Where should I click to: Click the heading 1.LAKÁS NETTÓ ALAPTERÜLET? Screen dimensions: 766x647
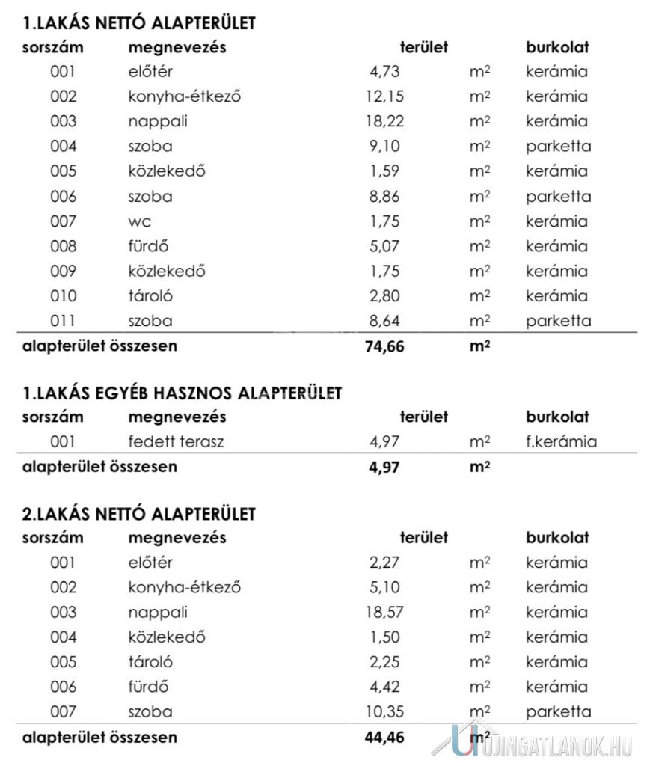point(139,23)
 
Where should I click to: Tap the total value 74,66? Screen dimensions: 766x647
point(384,346)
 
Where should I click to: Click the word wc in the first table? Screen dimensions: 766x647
point(139,221)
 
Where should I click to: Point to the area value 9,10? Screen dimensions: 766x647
point(384,146)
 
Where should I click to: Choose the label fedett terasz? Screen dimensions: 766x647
point(176,441)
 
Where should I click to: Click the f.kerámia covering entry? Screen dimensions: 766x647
point(561,441)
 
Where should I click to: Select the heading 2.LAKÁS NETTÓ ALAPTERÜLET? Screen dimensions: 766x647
point(139,514)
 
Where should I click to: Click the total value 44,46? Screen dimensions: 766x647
point(384,737)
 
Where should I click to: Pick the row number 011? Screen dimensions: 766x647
point(64,321)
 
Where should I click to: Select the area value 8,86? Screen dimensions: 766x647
point(384,197)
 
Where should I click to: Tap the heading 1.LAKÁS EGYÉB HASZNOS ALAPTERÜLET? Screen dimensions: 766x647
point(183,393)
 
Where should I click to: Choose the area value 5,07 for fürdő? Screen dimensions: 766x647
point(384,246)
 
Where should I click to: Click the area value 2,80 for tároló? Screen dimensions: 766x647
point(384,295)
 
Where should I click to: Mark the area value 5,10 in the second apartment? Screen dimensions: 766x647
point(384,587)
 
